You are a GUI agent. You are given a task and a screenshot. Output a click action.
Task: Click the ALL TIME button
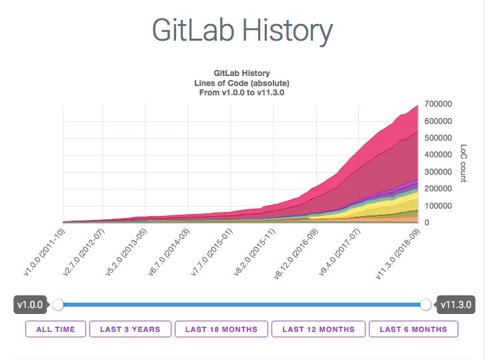point(55,329)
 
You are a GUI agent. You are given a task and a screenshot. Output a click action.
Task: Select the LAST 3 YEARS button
point(130,329)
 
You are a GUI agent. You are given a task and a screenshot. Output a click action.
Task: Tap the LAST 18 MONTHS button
point(221,329)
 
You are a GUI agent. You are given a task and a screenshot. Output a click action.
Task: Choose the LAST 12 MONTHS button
point(319,329)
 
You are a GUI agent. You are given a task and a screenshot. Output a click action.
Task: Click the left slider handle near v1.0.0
point(58,305)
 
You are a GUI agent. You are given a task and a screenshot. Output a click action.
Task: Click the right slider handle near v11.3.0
point(426,305)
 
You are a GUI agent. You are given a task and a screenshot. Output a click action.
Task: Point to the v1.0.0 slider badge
point(30,305)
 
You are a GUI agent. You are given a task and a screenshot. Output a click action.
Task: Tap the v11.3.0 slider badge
point(456,305)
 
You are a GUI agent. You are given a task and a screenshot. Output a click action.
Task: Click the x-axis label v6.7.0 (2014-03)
point(169,252)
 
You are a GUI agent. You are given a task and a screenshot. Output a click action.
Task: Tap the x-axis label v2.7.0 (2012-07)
point(84,252)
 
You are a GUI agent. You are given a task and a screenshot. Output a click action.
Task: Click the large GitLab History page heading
point(242,31)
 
